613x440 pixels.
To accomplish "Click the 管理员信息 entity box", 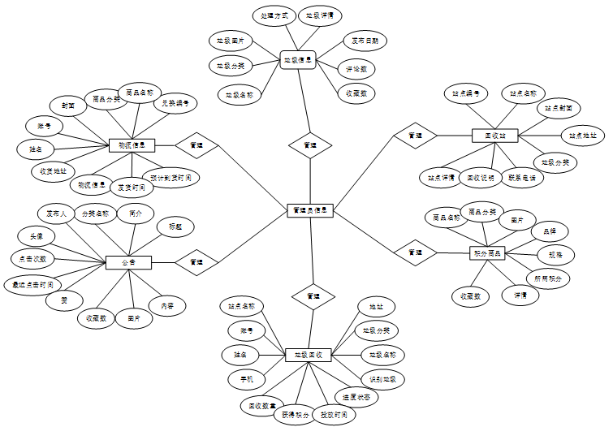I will pos(310,210).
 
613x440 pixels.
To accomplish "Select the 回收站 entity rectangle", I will pos(494,136).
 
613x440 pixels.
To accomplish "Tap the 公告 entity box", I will pos(129,262).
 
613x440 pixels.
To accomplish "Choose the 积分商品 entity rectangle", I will pos(488,253).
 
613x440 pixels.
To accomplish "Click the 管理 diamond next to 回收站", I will pos(415,136).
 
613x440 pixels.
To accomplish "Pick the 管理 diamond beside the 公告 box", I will pos(196,262).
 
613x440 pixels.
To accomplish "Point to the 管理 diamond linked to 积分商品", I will pos(415,252).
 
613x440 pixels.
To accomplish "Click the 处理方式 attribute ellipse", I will pos(268,15).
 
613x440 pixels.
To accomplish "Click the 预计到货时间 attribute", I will pos(171,177).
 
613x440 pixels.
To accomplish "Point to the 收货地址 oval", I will pos(53,171).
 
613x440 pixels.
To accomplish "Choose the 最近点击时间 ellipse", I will pos(32,284).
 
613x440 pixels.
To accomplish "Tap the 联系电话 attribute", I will pos(520,177).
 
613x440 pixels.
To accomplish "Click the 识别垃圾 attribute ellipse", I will pos(382,378).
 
